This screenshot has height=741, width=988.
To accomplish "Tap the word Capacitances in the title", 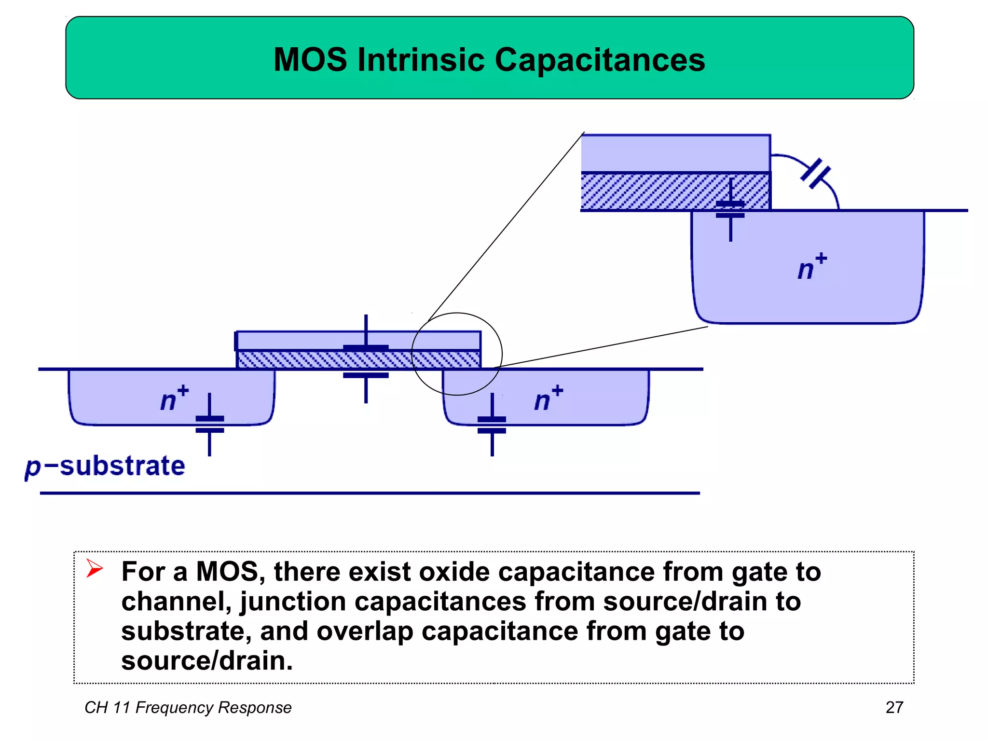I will pyautogui.click(x=600, y=60).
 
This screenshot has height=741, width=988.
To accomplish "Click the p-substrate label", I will pyautogui.click(x=105, y=467).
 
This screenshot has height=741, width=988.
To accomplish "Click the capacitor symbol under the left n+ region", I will pyautogui.click(x=209, y=425).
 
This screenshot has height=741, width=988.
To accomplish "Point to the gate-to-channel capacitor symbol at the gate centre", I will pyautogui.click(x=366, y=361).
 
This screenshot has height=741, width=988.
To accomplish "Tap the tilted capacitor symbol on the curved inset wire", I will pyautogui.click(x=816, y=174).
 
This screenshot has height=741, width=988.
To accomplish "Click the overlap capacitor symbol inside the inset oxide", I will pyautogui.click(x=730, y=210).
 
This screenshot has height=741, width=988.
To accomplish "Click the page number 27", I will pyautogui.click(x=894, y=707).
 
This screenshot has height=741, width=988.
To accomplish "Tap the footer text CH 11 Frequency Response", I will pyautogui.click(x=188, y=707).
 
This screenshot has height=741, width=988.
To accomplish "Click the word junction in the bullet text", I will pyautogui.click(x=292, y=602).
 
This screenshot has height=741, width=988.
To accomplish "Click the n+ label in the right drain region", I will pyautogui.click(x=548, y=398).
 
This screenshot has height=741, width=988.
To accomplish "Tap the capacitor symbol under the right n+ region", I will pyautogui.click(x=492, y=425).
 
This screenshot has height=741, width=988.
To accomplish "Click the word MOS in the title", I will pyautogui.click(x=310, y=60).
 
